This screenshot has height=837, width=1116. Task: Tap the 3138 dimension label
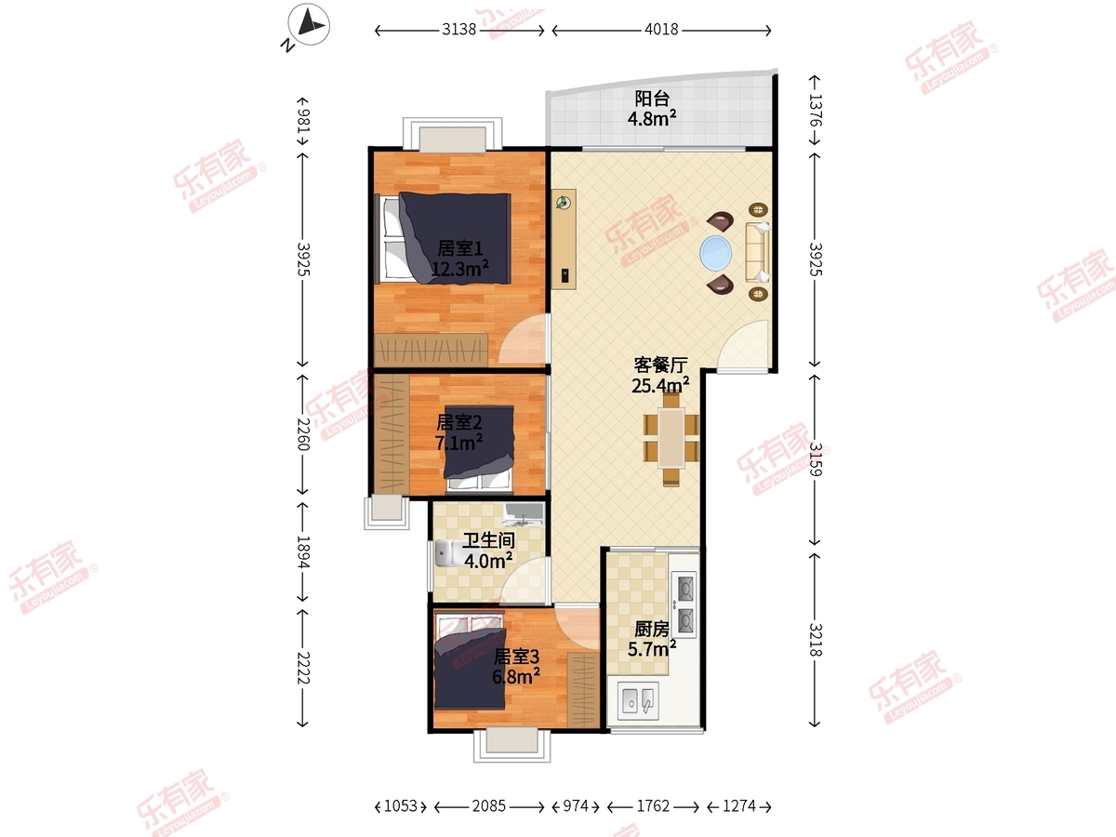pyautogui.click(x=458, y=30)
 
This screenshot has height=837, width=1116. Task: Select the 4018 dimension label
pyautogui.click(x=661, y=30)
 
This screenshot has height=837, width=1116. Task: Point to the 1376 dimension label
pyautogui.click(x=815, y=111)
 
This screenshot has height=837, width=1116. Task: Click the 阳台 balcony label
pyautogui.click(x=652, y=98)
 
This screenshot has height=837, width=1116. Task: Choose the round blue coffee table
pyautogui.click(x=716, y=253)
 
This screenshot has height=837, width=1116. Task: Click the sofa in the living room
pyautogui.click(x=758, y=252)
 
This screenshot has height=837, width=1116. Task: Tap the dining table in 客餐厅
pyautogui.click(x=671, y=437)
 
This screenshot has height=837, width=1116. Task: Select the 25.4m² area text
pyautogui.click(x=660, y=385)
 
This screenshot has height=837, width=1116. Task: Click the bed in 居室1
pyautogui.click(x=443, y=238)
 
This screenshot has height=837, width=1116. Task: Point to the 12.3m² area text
pyautogui.click(x=459, y=269)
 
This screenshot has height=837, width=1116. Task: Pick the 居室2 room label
pyautogui.click(x=459, y=422)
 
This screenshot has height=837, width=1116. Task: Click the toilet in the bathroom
pyautogui.click(x=447, y=553)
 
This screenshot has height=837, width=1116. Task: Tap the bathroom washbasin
pyautogui.click(x=524, y=514)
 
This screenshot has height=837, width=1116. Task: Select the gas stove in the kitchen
pyautogui.click(x=684, y=604)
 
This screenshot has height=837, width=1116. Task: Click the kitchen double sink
pyautogui.click(x=638, y=700)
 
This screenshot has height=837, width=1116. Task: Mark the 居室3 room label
pyautogui.click(x=516, y=658)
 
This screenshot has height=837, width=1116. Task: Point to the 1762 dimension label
pyautogui.click(x=653, y=806)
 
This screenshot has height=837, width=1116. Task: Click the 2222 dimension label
pyautogui.click(x=303, y=668)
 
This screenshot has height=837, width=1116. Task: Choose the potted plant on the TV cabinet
pyautogui.click(x=563, y=203)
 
